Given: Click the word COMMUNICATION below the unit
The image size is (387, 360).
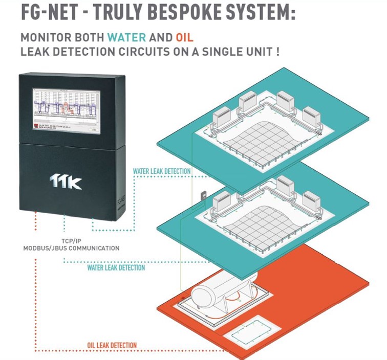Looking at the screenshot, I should point(92,249).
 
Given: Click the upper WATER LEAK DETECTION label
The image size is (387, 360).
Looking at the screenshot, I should point(162,171).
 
